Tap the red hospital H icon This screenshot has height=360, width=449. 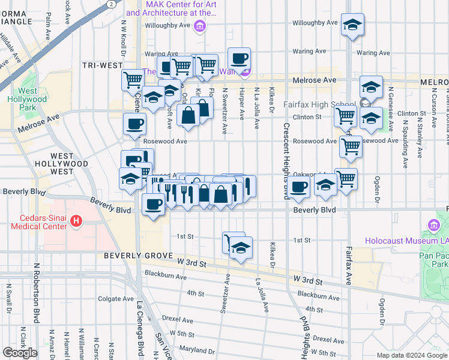(76, 221)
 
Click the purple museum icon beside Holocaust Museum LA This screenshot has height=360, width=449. (433, 226)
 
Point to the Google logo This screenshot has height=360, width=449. (20, 353)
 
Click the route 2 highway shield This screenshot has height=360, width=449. (112, 4)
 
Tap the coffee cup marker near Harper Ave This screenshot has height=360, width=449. (240, 59)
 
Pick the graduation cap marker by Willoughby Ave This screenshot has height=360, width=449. (352, 25)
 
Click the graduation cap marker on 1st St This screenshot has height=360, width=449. (241, 248)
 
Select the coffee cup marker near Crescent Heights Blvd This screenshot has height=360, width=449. (298, 187)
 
